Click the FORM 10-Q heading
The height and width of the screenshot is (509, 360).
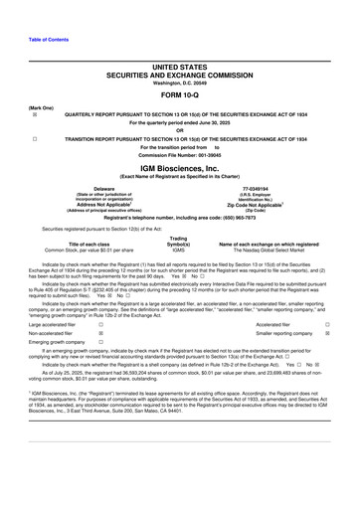pyautogui.click(x=179, y=95)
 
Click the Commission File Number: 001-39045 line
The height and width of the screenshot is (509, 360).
pyautogui.click(x=179, y=158)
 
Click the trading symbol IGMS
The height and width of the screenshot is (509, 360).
pyautogui.click(x=179, y=250)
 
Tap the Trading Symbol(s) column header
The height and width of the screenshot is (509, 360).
pyautogui.click(x=179, y=240)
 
